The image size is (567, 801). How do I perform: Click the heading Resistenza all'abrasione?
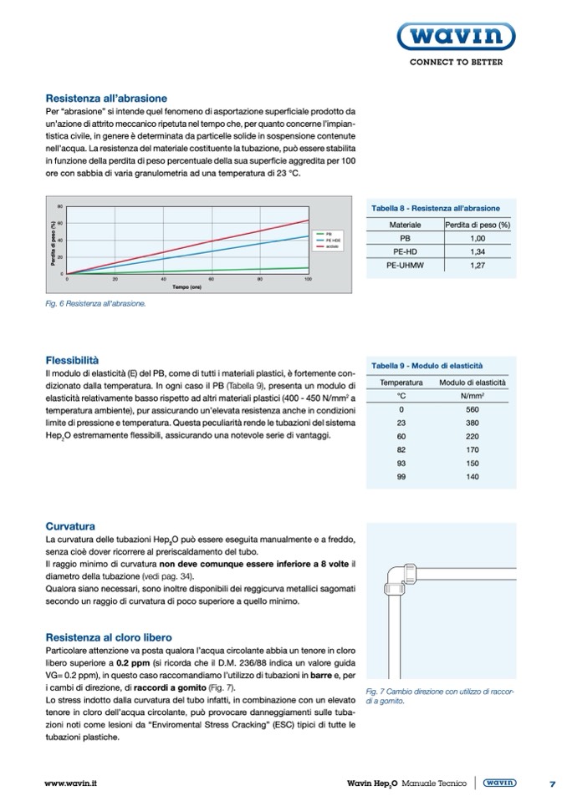tap(106, 98)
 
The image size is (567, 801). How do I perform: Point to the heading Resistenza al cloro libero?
tap(109, 637)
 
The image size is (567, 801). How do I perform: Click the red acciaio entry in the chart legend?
tap(325, 247)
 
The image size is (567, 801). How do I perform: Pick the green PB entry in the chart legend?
tap(324, 234)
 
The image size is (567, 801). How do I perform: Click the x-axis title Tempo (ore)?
tap(187, 287)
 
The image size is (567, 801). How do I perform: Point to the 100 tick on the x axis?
tap(308, 279)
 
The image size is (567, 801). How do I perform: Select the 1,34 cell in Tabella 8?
tap(478, 251)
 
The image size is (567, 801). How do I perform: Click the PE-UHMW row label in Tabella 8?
tap(405, 265)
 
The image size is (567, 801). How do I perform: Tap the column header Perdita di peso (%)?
tap(478, 225)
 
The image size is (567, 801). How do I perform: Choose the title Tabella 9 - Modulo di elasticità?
tap(427, 365)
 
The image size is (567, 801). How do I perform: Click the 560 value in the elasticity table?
tap(472, 409)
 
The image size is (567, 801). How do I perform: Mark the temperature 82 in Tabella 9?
tap(401, 449)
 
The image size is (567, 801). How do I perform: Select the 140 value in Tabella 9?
tap(472, 476)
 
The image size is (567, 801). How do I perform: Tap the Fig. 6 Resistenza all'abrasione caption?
tap(95, 304)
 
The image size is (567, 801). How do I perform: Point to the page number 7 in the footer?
tap(553, 783)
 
